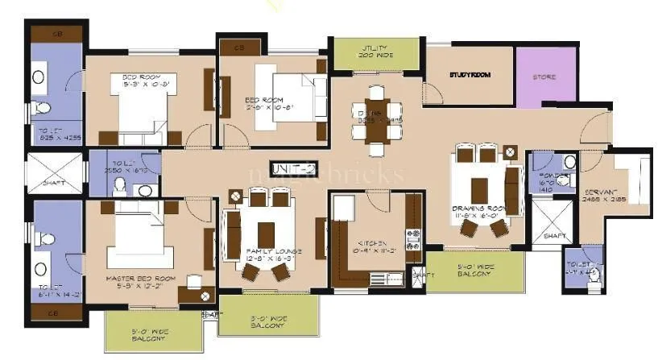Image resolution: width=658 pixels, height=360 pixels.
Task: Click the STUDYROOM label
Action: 470,75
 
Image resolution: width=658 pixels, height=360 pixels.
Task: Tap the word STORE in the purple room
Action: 545,77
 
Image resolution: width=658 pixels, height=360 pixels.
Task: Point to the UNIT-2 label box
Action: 294,168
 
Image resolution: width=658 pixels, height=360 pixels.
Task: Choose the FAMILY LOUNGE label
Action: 273,256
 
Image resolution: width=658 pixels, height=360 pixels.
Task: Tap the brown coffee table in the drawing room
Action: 480,190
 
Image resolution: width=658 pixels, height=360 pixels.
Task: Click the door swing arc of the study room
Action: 433,95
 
